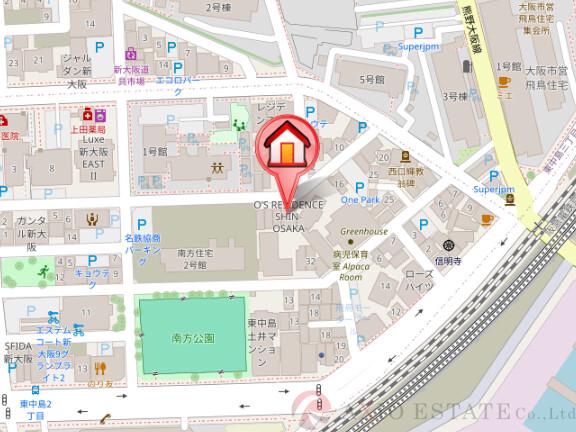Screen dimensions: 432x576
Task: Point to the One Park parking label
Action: [360, 200]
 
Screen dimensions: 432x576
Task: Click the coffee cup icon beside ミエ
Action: [504, 81]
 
